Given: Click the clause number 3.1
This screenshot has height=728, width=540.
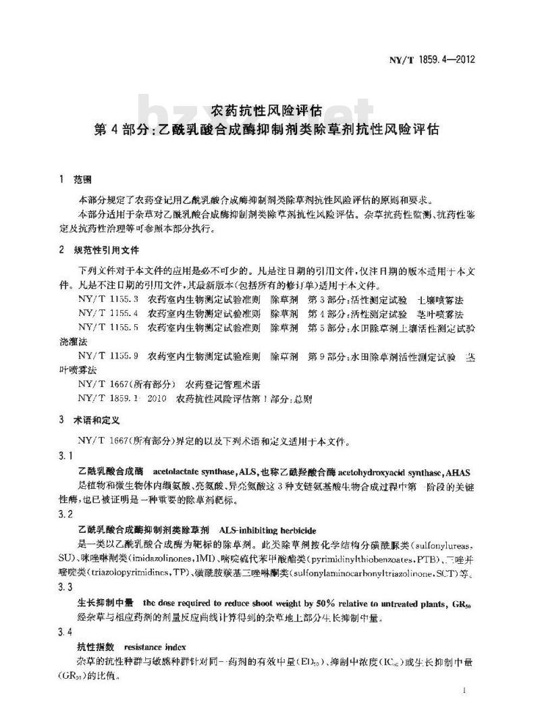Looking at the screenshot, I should [x=65, y=457].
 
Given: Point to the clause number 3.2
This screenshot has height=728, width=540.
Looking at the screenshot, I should [x=65, y=514].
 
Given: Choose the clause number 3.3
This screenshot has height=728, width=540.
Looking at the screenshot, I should [x=65, y=587].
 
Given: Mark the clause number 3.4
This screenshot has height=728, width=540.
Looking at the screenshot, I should [x=65, y=631].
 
